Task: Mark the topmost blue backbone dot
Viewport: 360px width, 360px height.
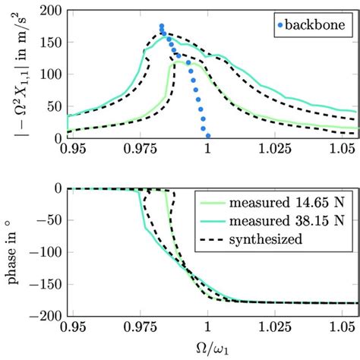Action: [161, 27]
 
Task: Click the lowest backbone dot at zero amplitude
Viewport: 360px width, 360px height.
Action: [208, 137]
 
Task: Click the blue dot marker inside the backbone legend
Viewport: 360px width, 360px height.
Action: [280, 24]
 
